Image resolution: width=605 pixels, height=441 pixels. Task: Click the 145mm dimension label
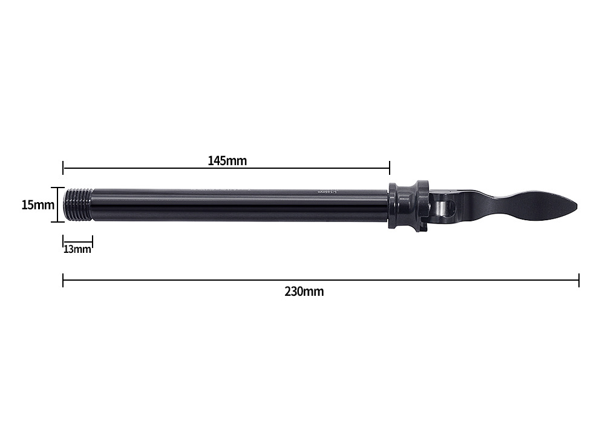tap(227, 160)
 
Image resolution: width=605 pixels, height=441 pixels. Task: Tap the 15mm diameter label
tap(38, 205)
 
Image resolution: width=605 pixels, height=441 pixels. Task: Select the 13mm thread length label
tap(77, 249)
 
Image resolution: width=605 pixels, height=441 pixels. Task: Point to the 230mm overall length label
tap(304, 292)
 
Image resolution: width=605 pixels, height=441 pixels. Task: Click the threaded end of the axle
tap(79, 204)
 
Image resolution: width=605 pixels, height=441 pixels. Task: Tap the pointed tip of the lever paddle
tap(577, 206)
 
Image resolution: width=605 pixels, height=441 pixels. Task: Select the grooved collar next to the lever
tap(408, 206)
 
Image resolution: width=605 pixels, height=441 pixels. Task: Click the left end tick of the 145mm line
tap(63, 168)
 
